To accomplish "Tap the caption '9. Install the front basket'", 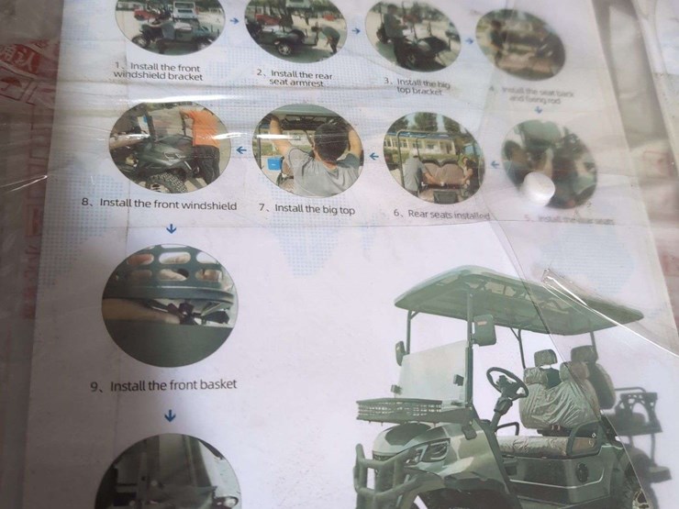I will click(163, 385).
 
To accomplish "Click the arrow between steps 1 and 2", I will click(234, 19).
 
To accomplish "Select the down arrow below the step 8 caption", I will click(169, 228).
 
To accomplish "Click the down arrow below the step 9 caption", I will click(170, 415).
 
